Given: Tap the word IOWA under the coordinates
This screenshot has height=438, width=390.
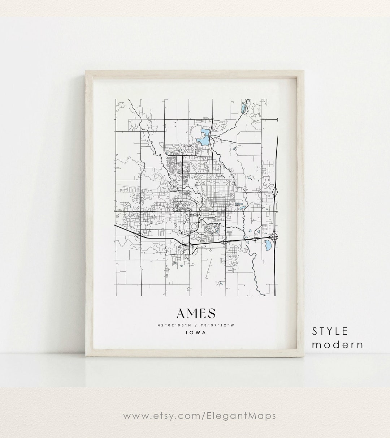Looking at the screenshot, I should pos(196,332).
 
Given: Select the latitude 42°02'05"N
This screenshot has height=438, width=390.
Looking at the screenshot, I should pos(172,325).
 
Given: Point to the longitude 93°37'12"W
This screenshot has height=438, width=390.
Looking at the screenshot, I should pos(220,325).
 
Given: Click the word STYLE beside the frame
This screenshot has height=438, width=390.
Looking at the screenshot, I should pos(330,331).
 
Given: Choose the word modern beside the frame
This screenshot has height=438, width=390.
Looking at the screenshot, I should pos(338,344).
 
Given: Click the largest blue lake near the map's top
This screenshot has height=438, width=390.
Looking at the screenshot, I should pos(204,136).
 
